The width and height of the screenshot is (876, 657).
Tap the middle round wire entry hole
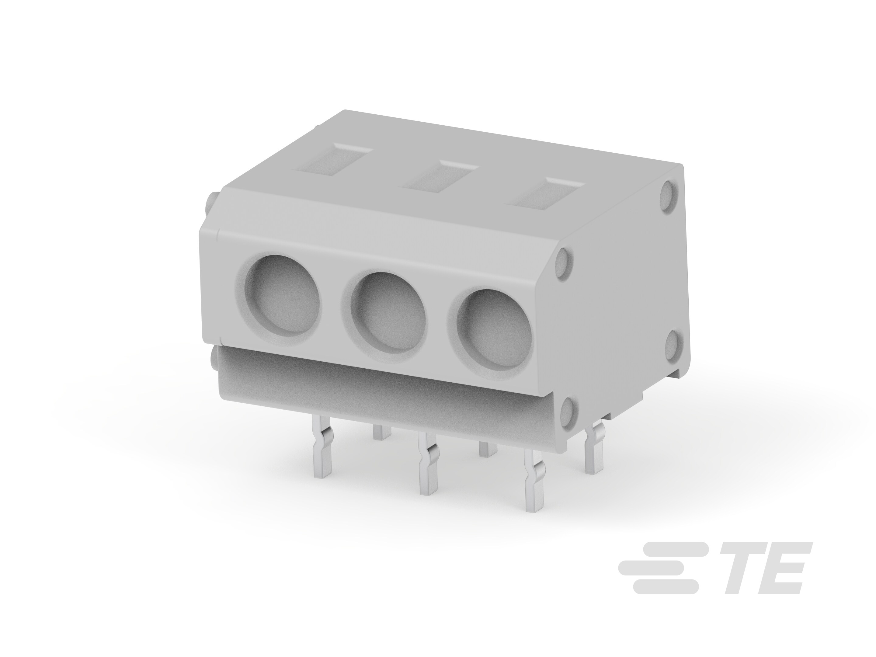click(388, 317)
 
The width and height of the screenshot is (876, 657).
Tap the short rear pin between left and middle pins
click(382, 432)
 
